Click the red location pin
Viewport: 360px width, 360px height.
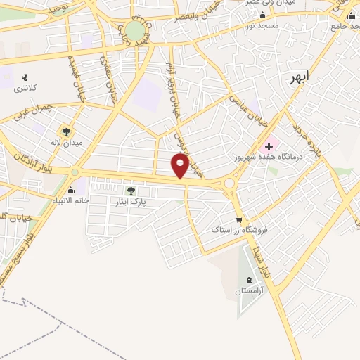point(181,165)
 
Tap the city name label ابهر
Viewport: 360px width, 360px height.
point(298,79)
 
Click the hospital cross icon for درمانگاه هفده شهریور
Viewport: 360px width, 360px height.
point(269,146)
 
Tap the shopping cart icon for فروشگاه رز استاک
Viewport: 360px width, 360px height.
point(240,219)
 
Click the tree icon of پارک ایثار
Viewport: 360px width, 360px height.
point(130,191)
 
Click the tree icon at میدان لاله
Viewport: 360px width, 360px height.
point(67,131)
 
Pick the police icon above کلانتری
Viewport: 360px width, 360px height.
point(25,77)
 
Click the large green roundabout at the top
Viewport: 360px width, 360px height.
point(134,30)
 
